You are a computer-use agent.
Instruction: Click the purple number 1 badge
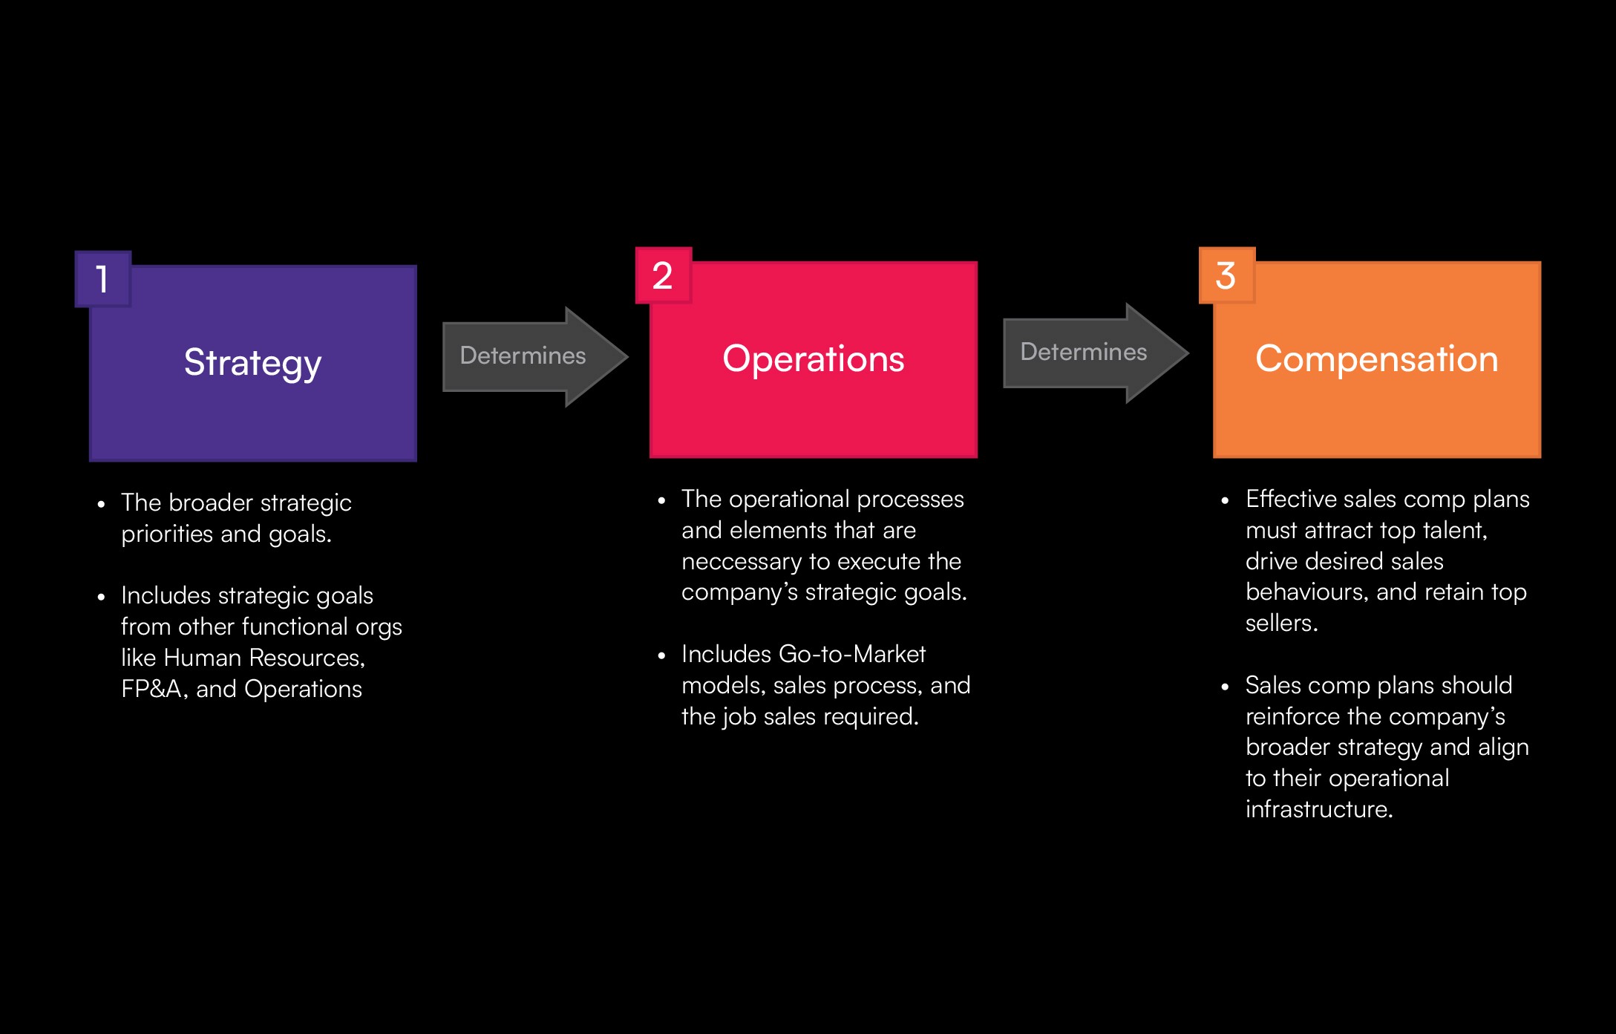click(103, 279)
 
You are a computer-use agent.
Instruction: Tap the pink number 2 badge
click(664, 275)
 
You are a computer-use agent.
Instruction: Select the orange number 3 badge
click(1227, 275)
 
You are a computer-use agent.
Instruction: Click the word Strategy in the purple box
click(252, 364)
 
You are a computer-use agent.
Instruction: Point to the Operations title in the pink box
click(814, 359)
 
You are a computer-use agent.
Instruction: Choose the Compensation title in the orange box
click(1377, 359)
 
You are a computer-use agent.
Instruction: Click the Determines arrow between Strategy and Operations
click(535, 356)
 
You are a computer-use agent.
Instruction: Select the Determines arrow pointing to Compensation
click(1096, 353)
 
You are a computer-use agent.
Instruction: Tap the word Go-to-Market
click(852, 654)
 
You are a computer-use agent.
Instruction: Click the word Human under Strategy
click(203, 658)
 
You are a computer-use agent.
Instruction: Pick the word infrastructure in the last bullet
click(1319, 809)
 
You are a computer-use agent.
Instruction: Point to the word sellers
click(1281, 624)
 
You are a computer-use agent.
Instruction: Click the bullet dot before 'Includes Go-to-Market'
click(661, 655)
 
